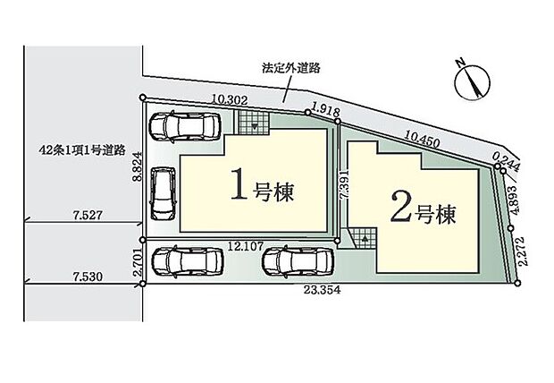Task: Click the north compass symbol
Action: tap(469, 82)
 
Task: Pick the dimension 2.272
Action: tap(526, 256)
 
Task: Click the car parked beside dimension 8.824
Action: tap(163, 191)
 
